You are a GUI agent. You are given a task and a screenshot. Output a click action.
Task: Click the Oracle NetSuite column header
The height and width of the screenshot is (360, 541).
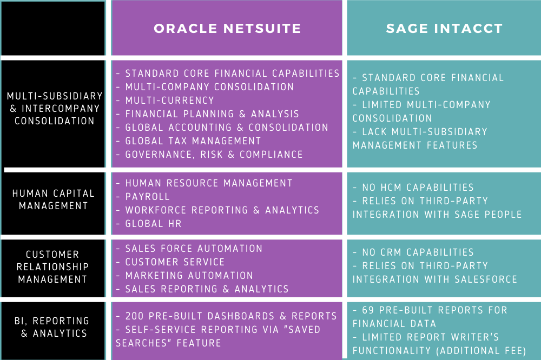pyautogui.click(x=227, y=29)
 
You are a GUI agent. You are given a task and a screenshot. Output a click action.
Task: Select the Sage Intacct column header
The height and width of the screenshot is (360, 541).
pyautogui.click(x=444, y=29)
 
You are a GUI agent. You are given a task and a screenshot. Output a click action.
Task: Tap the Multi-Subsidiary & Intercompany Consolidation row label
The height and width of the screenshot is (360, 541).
pyautogui.click(x=54, y=108)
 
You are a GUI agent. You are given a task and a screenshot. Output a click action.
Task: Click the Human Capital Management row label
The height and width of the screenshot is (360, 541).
pyautogui.click(x=53, y=199)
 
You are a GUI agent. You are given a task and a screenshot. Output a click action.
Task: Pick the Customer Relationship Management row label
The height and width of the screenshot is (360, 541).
pyautogui.click(x=52, y=266)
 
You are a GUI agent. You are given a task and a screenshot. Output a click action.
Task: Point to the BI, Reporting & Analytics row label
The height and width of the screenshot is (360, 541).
pyautogui.click(x=53, y=327)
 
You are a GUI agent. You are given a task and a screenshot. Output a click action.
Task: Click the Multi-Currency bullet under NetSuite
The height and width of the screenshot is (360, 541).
pyautogui.click(x=169, y=101)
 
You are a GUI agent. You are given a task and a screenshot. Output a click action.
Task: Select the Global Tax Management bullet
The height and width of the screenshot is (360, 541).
pyautogui.click(x=193, y=141)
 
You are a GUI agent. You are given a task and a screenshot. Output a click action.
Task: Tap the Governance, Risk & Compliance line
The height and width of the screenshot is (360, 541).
pyautogui.click(x=214, y=155)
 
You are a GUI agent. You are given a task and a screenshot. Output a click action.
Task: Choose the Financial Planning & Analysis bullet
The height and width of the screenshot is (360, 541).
pyautogui.click(x=212, y=114)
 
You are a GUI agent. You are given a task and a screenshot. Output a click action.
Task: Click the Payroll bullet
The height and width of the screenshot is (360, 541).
pyautogui.click(x=147, y=197)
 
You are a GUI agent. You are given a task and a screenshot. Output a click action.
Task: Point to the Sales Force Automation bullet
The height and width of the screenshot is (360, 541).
pyautogui.click(x=193, y=249)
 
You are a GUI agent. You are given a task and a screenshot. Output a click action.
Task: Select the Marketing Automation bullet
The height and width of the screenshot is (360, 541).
pyautogui.click(x=189, y=276)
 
